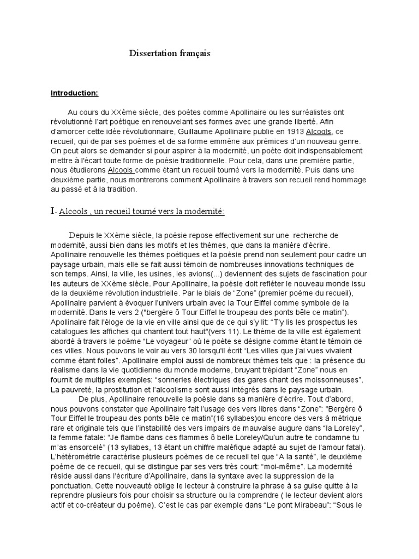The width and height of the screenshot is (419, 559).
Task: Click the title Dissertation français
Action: pos(170,53)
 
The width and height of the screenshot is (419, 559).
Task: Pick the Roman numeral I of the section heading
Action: pos(53,211)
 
